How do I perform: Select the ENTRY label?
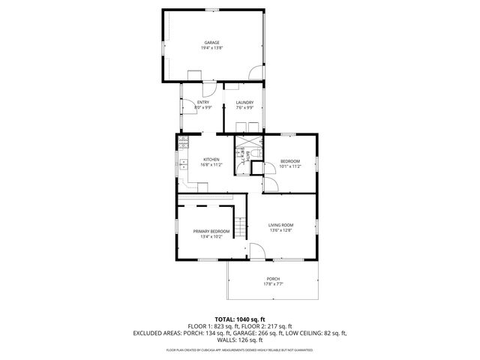click(202, 103)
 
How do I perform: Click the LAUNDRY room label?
click(244, 103)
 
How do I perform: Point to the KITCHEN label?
click(211, 160)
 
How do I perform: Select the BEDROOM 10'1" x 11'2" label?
click(290, 161)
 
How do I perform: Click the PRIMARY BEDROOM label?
click(211, 231)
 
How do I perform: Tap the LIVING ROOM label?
click(281, 225)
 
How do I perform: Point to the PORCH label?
click(273, 279)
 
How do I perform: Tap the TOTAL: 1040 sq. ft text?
click(240, 319)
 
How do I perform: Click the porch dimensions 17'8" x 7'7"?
click(273, 284)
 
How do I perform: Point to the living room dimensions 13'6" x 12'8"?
click(281, 230)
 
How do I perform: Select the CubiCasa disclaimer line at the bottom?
click(240, 350)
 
